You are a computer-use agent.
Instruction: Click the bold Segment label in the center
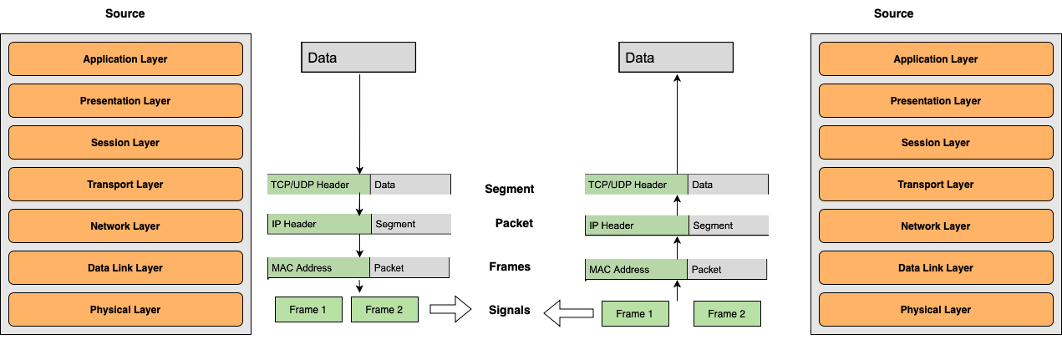coord(509,189)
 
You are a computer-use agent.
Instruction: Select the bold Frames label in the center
coord(510,266)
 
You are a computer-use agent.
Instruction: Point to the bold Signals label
coord(510,310)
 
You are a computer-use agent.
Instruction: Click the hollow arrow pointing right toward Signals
coord(450,309)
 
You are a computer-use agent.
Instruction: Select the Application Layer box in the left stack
coord(125,59)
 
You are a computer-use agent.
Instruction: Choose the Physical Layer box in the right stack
coord(936,310)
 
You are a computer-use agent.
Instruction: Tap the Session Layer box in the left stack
coord(125,143)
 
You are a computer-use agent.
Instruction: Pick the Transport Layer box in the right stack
coord(936,185)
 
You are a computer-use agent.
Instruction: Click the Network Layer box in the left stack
coord(125,226)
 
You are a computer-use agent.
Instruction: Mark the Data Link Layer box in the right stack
coord(936,268)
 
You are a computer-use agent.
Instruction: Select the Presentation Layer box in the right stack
coord(936,101)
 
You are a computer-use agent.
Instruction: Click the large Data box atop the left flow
coord(358,58)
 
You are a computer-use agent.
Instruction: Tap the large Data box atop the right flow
coord(676,58)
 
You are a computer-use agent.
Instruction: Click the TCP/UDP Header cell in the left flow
coord(319,184)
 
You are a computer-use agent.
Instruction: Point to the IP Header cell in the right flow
coord(637,225)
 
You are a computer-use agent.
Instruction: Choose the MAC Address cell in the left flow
coord(319,268)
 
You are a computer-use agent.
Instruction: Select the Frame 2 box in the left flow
coord(384,310)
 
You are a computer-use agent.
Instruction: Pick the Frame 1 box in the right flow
coord(635,314)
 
